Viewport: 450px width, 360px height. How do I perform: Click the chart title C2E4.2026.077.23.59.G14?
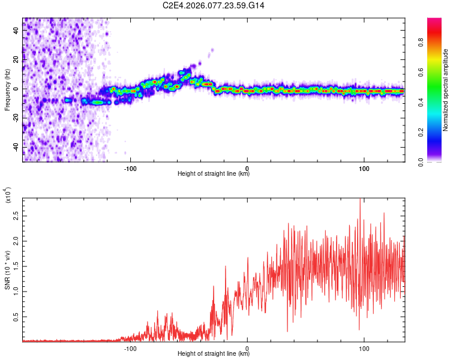tap(214, 5)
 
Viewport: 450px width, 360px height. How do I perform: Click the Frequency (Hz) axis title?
tap(7, 89)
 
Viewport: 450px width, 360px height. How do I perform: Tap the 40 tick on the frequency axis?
tap(16, 31)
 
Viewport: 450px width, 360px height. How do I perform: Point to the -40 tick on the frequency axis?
tap(16, 147)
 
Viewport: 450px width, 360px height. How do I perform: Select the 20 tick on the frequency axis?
tap(16, 60)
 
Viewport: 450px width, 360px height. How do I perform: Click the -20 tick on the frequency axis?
tap(16, 118)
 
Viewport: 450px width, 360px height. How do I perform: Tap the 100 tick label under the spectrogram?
tap(364, 167)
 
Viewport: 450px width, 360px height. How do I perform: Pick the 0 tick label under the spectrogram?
tap(247, 167)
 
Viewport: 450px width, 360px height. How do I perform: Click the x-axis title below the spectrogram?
tap(214, 174)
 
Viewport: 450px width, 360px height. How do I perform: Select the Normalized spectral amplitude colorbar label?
tap(446, 90)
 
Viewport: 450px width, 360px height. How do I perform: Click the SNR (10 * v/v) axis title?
tap(7, 268)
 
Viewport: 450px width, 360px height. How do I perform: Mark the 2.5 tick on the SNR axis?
tap(16, 215)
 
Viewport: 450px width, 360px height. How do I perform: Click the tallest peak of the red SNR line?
tap(360, 199)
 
